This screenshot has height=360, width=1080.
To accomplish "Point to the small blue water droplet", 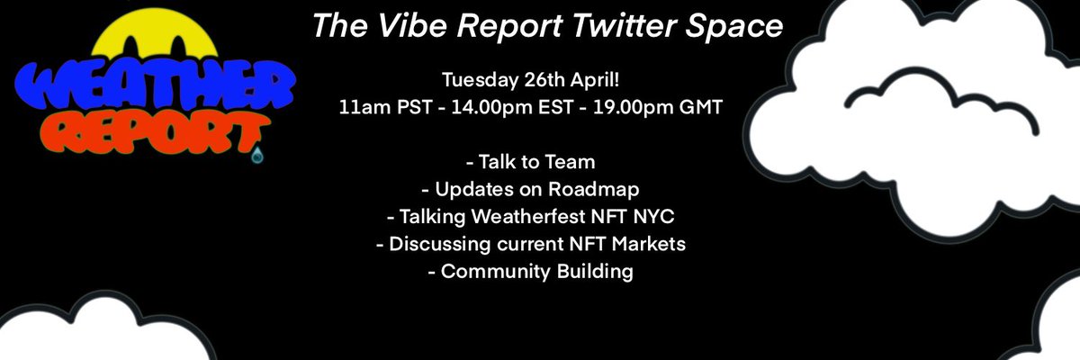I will (x=259, y=156).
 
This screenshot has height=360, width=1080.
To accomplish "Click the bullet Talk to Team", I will (x=532, y=163).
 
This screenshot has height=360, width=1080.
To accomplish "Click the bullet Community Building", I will (x=532, y=271).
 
